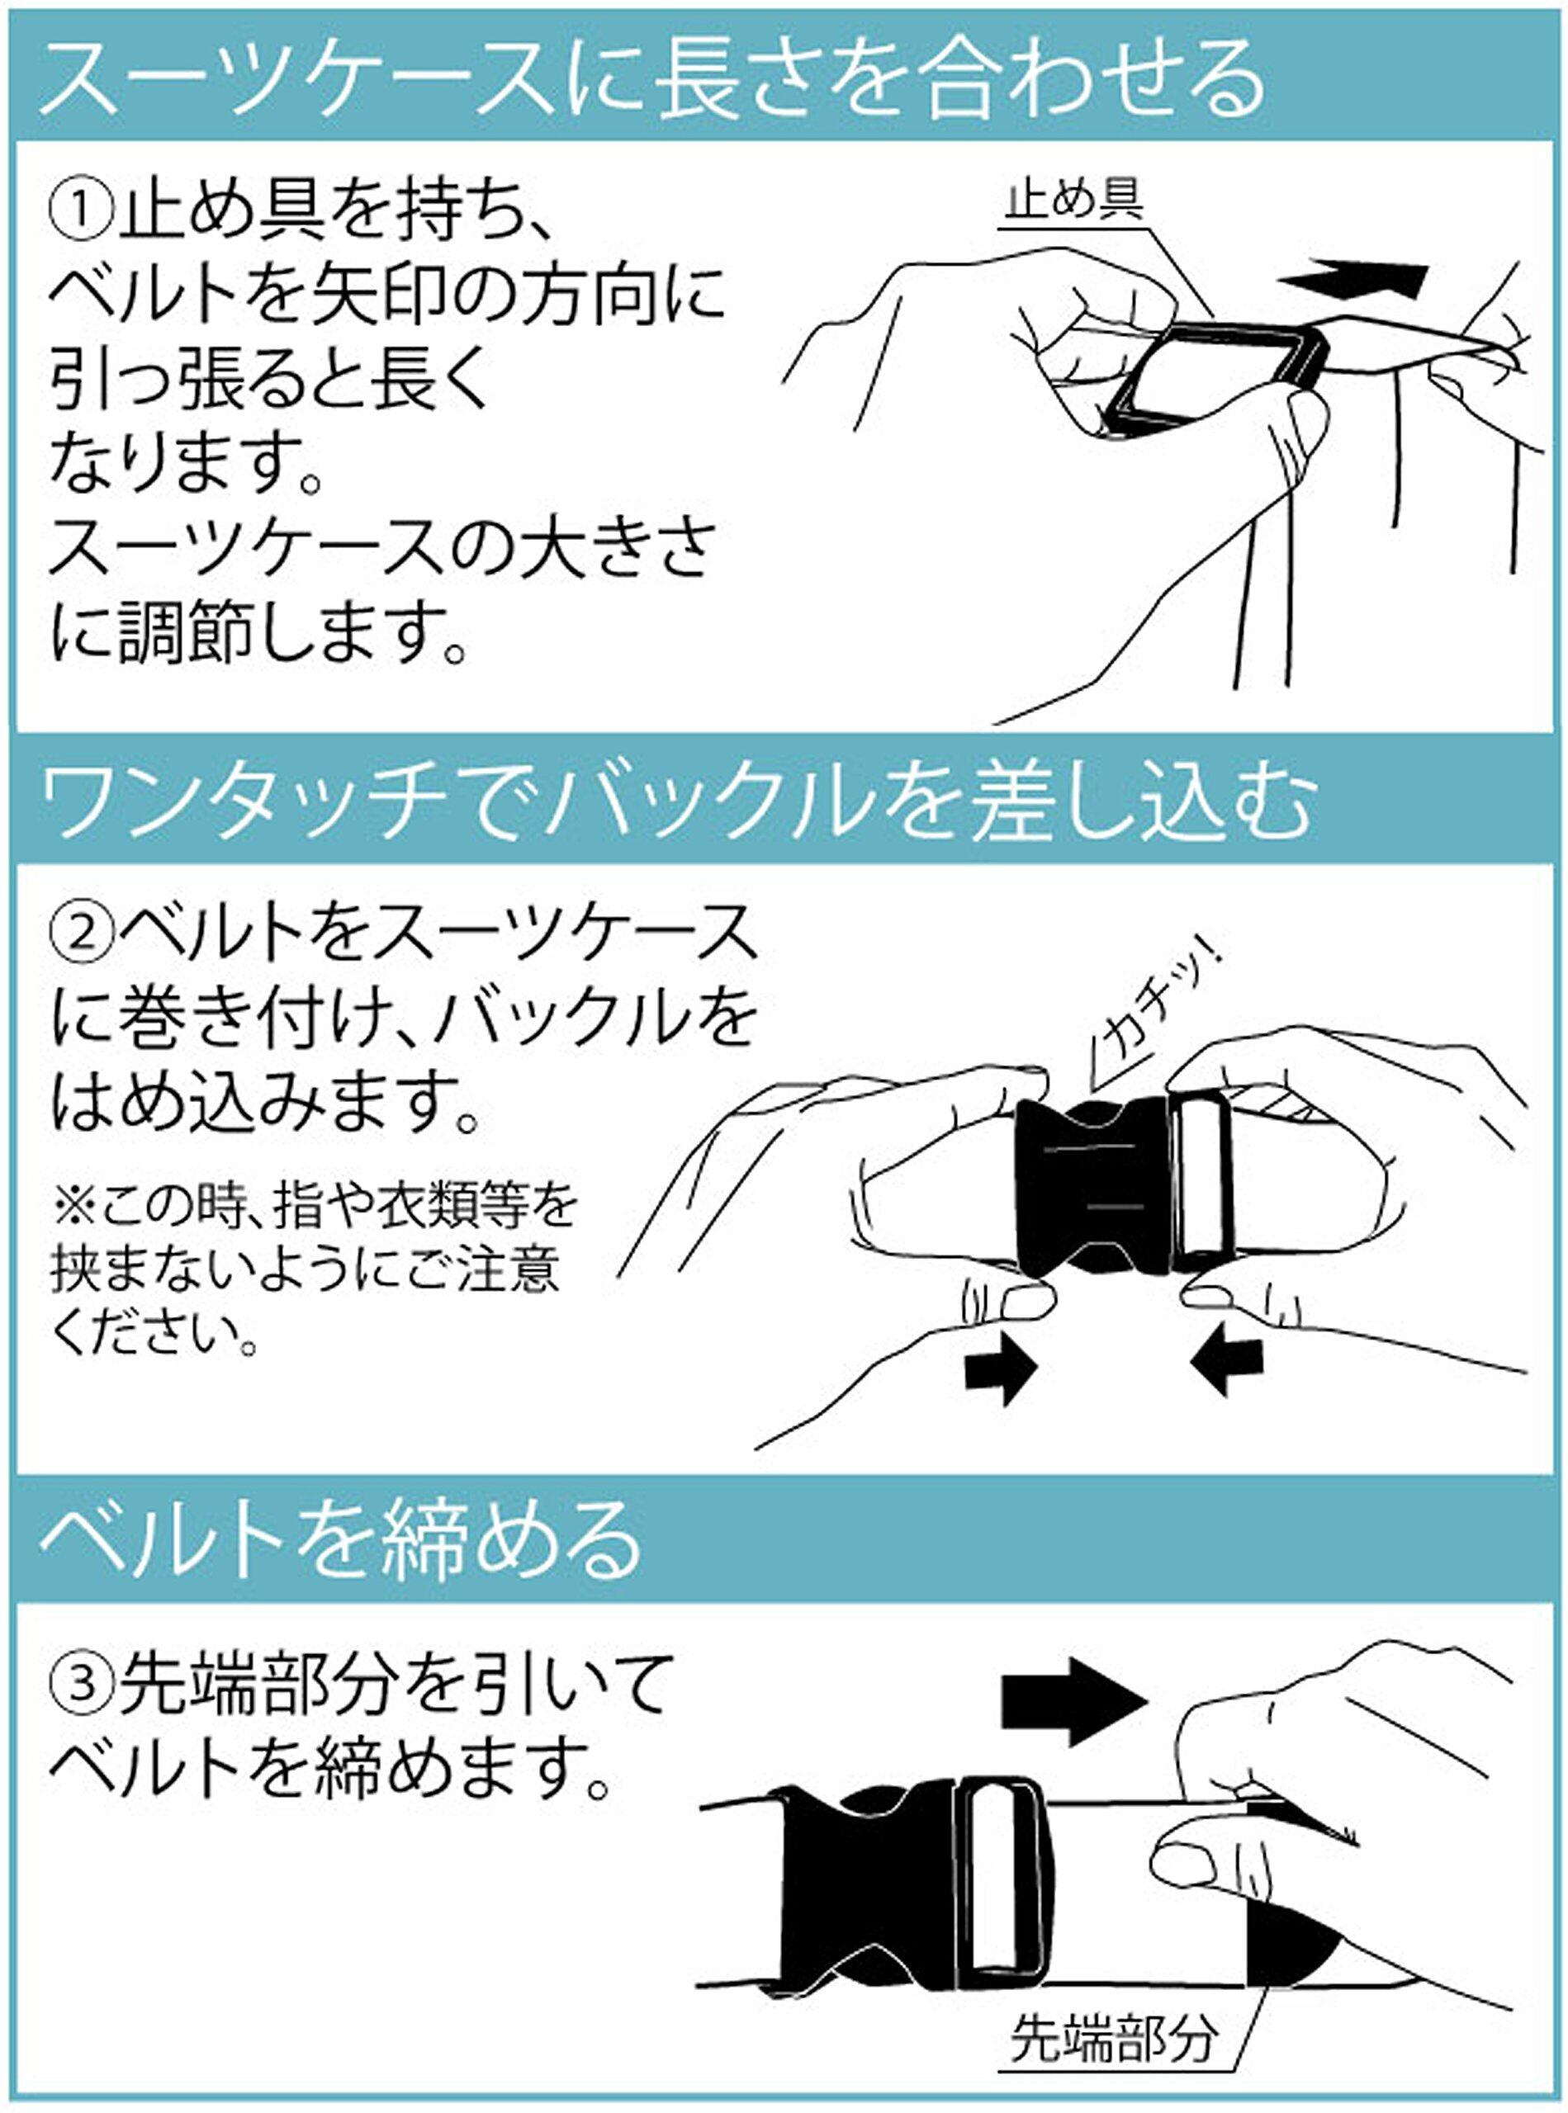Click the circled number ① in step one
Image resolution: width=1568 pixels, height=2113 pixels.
tap(81, 215)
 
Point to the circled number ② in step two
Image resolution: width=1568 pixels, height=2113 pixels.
tap(81, 935)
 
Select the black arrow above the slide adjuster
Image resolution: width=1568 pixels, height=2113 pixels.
tap(1354, 278)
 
